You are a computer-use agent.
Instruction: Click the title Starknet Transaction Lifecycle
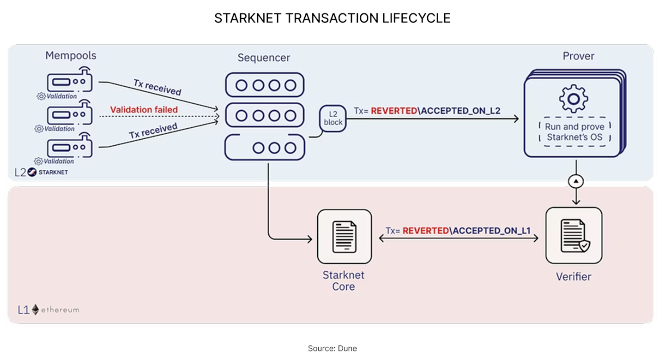332,18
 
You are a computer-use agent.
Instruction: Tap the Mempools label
71,56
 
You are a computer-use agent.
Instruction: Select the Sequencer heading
264,58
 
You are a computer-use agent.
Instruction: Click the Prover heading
578,56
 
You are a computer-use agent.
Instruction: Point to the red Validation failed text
144,110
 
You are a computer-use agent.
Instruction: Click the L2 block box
333,118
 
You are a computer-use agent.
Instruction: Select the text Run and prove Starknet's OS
574,132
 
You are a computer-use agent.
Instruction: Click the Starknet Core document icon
344,237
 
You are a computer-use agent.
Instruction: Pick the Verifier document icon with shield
574,236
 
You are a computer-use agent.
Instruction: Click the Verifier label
573,277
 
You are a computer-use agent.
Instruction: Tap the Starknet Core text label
344,280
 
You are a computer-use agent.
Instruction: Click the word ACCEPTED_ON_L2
461,111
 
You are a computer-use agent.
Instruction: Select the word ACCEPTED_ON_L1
491,231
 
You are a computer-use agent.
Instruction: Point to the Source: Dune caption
332,349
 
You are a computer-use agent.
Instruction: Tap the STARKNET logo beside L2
48,173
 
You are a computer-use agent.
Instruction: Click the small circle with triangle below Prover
575,181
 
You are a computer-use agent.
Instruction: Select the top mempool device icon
70,82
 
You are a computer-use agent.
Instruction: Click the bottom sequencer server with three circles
264,148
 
